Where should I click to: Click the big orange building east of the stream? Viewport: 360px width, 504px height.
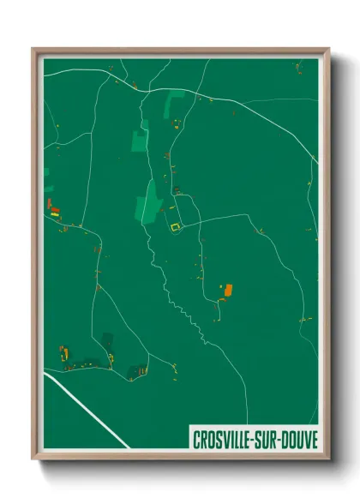pos(228,290)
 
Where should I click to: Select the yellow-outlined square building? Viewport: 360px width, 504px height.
pos(175,227)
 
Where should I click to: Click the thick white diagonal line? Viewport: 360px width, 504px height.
pos(86,411)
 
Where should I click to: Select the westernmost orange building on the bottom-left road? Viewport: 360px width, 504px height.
pos(63,351)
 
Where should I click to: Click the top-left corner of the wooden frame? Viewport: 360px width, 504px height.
pos(33,49)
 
